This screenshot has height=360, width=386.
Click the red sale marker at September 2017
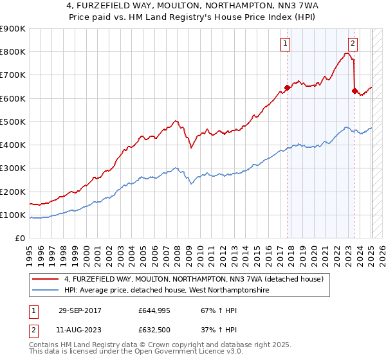(287, 88)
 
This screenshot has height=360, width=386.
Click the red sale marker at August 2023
(354, 91)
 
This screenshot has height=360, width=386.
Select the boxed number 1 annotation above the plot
(284, 44)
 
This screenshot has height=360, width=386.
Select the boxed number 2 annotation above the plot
(353, 44)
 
